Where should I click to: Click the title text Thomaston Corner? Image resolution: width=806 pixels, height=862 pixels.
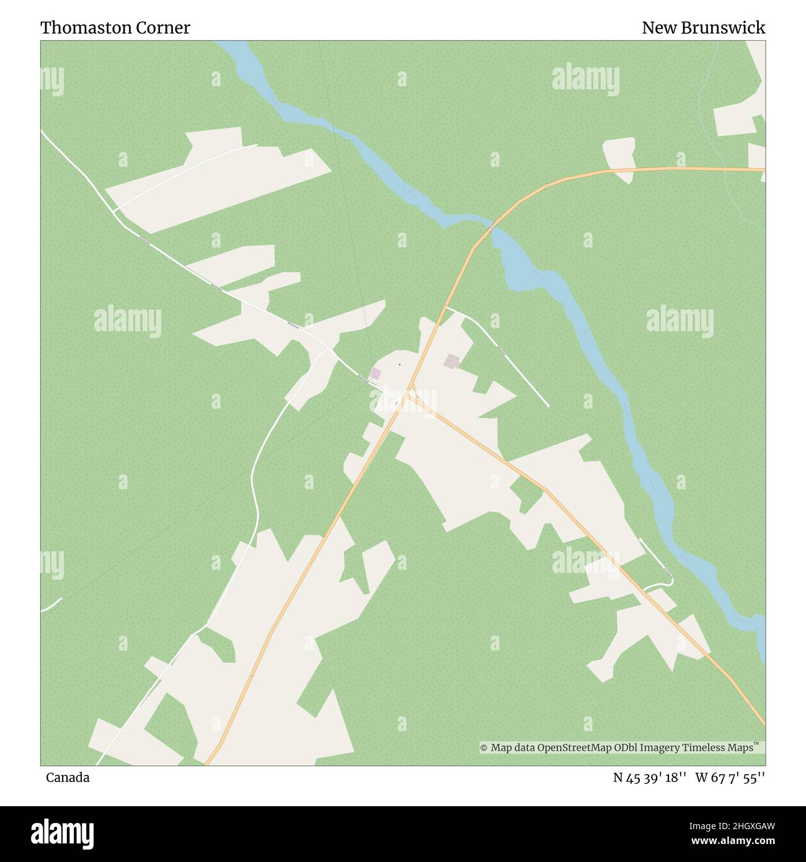point(115,28)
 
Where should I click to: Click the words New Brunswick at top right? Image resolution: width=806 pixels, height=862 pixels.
point(703,28)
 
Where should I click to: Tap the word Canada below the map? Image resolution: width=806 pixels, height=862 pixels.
point(68,778)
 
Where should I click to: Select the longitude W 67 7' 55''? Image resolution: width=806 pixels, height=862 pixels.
point(730,778)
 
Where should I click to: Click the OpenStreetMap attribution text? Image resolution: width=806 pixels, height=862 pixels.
point(622,748)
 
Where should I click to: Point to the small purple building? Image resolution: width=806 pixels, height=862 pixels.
point(375,373)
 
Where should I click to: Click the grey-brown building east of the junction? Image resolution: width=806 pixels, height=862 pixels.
point(452,361)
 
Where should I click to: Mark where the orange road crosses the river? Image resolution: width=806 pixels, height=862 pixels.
point(492,227)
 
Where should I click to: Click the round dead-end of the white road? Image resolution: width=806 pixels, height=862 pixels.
point(548,406)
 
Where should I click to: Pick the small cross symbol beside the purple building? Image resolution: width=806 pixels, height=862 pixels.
point(400,364)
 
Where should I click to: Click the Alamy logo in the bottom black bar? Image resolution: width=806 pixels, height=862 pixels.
point(63,833)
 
